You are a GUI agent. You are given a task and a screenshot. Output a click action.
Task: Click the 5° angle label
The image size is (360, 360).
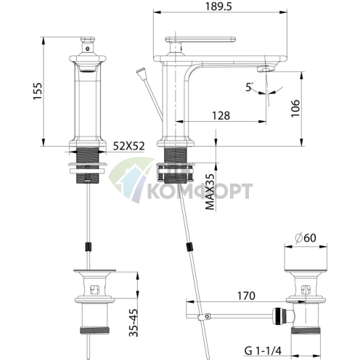coord(250,88)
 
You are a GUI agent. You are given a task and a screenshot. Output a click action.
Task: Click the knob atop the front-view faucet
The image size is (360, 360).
coord(89,35)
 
